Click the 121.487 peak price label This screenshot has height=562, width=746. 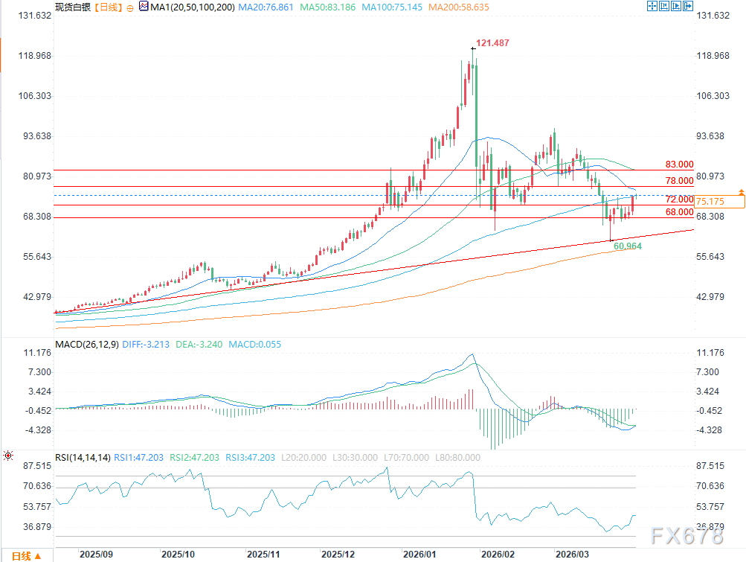click(492, 43)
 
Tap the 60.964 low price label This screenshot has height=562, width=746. click(628, 246)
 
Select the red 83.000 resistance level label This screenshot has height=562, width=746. click(679, 164)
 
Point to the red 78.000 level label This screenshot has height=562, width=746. click(679, 181)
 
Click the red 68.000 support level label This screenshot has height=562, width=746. click(679, 212)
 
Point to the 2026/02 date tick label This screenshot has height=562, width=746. click(497, 555)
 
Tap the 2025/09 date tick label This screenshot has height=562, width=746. click(95, 555)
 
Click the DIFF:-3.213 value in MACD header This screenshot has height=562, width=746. click(147, 345)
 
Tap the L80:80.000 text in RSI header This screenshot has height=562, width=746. click(457, 457)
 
